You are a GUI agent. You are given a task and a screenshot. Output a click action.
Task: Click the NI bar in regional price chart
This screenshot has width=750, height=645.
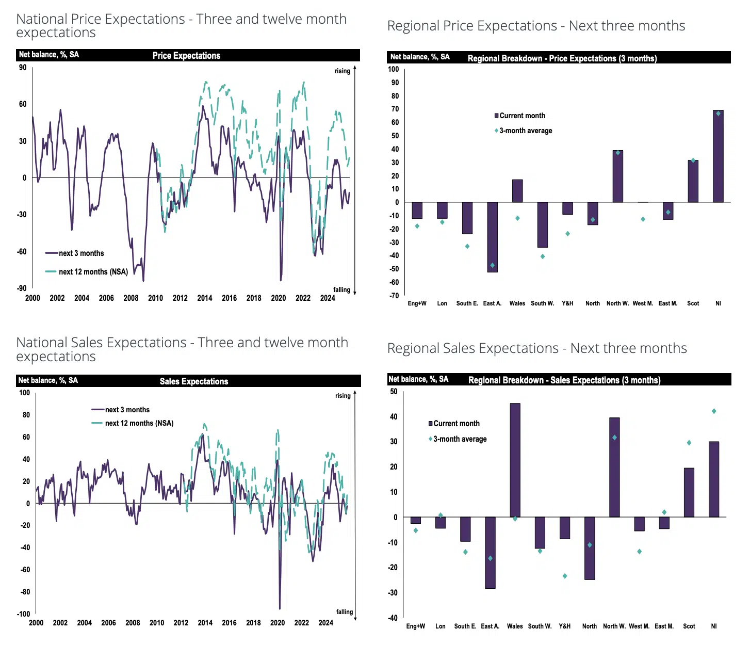[x=718, y=156]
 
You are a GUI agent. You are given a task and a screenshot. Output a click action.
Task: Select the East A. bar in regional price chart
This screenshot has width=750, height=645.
[x=492, y=237]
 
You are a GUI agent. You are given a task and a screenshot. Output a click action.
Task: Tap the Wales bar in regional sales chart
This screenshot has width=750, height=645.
[x=515, y=460]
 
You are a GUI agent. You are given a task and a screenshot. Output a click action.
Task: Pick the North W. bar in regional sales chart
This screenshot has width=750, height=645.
[x=614, y=467]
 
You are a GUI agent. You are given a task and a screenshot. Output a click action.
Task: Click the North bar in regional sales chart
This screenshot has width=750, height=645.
[x=590, y=548]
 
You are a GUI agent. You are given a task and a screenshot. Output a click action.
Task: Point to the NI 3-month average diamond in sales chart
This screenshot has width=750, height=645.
[x=714, y=411]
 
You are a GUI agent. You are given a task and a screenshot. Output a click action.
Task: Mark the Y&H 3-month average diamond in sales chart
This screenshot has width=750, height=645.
[x=565, y=576]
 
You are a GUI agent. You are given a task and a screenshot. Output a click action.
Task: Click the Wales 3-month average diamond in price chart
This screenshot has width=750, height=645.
[x=517, y=218]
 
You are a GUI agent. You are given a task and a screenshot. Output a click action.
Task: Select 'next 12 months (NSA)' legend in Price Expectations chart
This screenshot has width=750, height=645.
[x=93, y=272]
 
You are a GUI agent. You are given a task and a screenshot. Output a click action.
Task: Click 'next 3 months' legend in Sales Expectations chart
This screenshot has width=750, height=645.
[x=127, y=410]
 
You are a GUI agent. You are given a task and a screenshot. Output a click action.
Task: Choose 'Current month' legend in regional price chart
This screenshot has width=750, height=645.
[x=522, y=116]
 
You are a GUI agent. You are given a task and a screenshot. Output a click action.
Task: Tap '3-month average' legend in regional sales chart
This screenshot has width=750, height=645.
[x=460, y=439]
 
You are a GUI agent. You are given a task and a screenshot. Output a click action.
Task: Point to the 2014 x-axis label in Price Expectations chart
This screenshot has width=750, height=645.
[x=205, y=298]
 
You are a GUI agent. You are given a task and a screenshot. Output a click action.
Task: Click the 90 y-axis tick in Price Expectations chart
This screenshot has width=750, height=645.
[x=23, y=68]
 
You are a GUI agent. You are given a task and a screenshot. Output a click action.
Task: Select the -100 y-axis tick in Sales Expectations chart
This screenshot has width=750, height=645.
[x=24, y=614]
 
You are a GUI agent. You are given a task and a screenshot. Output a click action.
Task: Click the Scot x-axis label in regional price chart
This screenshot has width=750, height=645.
[x=693, y=303]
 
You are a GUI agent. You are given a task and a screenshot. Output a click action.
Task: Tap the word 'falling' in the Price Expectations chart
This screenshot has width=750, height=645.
[x=341, y=290]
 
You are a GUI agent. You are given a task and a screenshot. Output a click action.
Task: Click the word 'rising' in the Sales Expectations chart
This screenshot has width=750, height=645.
[x=343, y=396]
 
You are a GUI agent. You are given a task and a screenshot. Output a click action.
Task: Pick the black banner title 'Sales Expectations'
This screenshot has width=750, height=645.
[x=193, y=381]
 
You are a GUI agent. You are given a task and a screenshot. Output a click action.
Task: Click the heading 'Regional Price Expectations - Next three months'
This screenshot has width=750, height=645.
[x=536, y=26]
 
